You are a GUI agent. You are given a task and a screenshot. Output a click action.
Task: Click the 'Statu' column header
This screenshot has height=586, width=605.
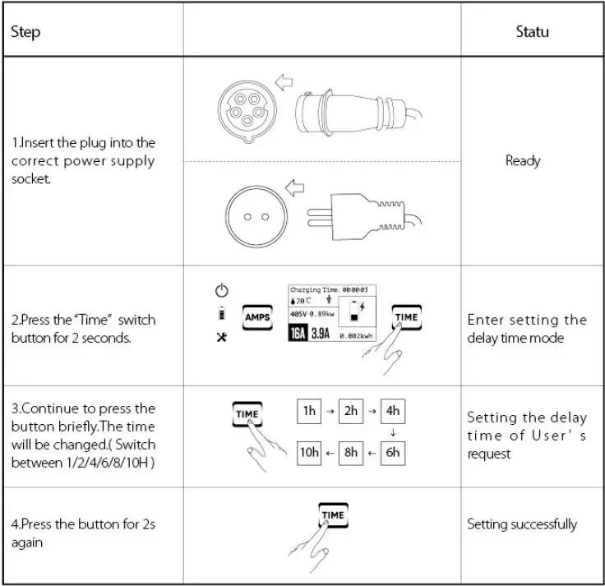point(532,33)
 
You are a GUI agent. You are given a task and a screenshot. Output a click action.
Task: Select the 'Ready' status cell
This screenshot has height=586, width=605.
point(523,160)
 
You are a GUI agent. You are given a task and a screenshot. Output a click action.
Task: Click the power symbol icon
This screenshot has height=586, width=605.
point(220,290)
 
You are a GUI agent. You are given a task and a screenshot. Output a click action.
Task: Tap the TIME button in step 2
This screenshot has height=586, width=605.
point(405,317)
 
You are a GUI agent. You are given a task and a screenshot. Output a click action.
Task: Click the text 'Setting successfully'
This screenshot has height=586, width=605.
point(522,524)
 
